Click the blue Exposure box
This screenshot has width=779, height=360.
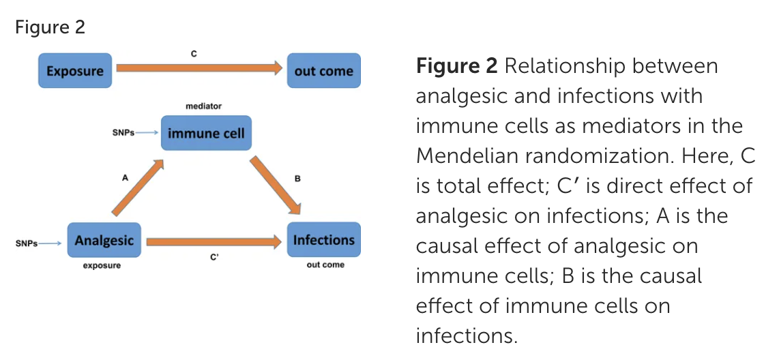click(x=75, y=70)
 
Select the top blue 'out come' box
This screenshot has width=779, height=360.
click(x=324, y=70)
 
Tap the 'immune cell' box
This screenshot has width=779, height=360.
click(x=206, y=133)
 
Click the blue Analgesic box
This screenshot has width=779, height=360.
click(x=104, y=240)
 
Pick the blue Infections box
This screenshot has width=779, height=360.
click(x=324, y=240)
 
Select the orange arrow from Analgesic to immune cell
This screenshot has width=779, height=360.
click(x=138, y=187)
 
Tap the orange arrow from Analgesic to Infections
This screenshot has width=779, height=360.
click(x=214, y=242)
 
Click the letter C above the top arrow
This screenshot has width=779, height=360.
click(x=194, y=54)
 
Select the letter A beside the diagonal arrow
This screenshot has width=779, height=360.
click(x=125, y=177)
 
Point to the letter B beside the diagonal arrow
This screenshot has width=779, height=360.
click(x=297, y=178)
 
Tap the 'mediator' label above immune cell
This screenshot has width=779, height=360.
click(x=204, y=106)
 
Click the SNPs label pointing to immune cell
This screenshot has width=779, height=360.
click(x=123, y=133)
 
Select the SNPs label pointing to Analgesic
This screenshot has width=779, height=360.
click(x=27, y=243)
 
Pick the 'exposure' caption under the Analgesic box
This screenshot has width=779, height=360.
click(x=102, y=266)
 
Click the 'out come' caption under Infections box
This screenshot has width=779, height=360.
click(x=325, y=265)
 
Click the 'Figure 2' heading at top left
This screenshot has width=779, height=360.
click(x=50, y=27)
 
